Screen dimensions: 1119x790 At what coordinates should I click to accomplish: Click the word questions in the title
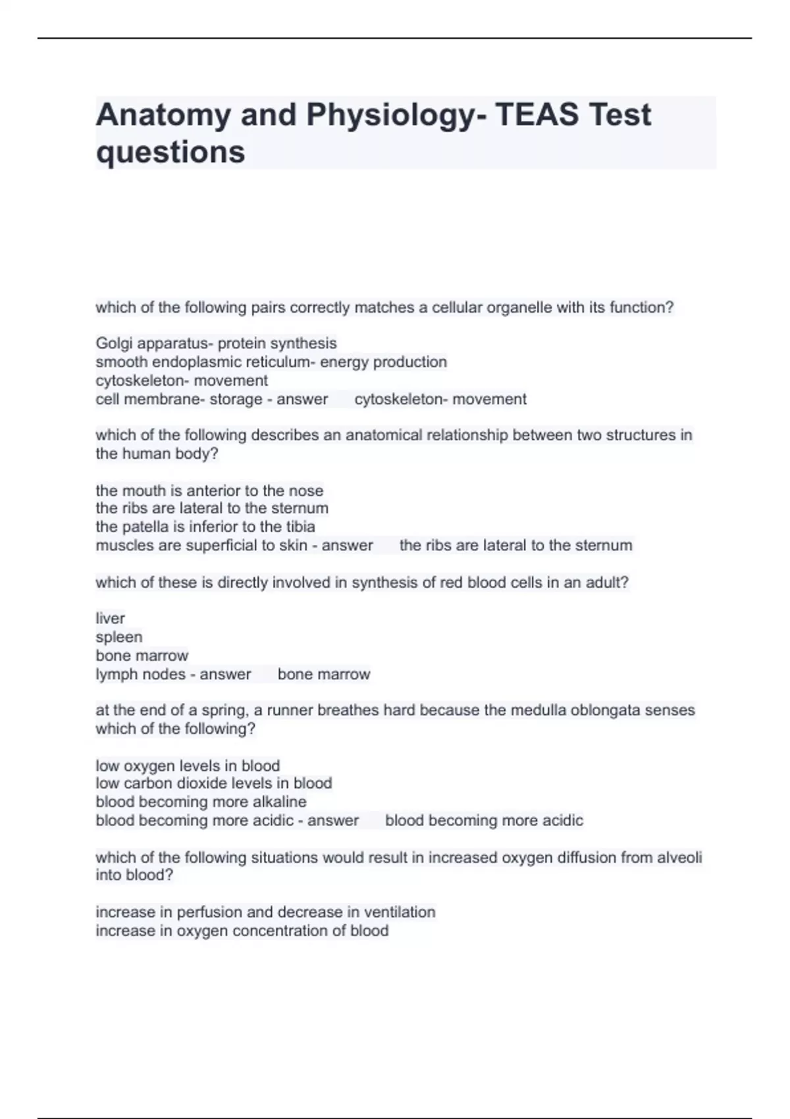(x=171, y=153)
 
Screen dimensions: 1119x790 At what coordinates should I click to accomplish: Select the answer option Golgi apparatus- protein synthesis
(x=216, y=344)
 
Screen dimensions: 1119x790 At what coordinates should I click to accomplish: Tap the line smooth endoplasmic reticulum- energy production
(x=271, y=362)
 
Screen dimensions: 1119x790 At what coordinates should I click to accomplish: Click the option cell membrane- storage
(x=179, y=400)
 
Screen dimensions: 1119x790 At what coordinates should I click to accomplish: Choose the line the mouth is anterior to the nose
(x=209, y=491)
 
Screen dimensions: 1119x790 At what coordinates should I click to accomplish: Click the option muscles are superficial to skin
(x=201, y=546)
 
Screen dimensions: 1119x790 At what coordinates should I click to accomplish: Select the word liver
(x=110, y=619)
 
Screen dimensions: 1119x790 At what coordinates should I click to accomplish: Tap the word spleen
(x=118, y=637)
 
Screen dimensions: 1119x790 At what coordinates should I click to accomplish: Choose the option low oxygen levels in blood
(x=188, y=766)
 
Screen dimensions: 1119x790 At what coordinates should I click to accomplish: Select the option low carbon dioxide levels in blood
(x=213, y=783)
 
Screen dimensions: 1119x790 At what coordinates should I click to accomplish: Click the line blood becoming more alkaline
(x=201, y=802)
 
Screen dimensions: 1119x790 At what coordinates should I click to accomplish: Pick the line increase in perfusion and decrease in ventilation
(x=265, y=912)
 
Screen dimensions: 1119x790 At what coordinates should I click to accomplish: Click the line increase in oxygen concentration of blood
(x=242, y=931)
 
